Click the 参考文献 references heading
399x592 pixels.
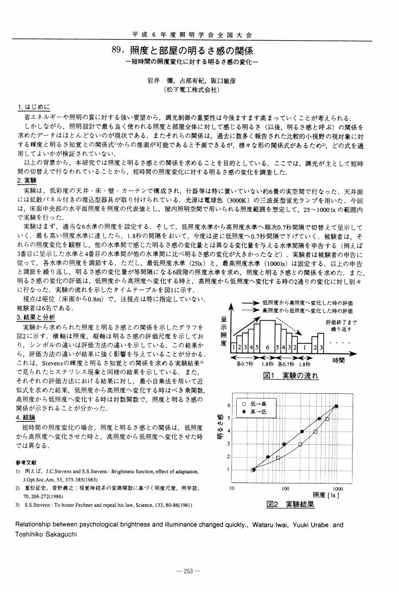[29, 463]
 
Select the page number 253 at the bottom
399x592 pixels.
[188, 571]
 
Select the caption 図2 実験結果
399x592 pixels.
[290, 504]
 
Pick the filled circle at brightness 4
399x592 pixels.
[302, 431]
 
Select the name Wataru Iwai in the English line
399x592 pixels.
[270, 524]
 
